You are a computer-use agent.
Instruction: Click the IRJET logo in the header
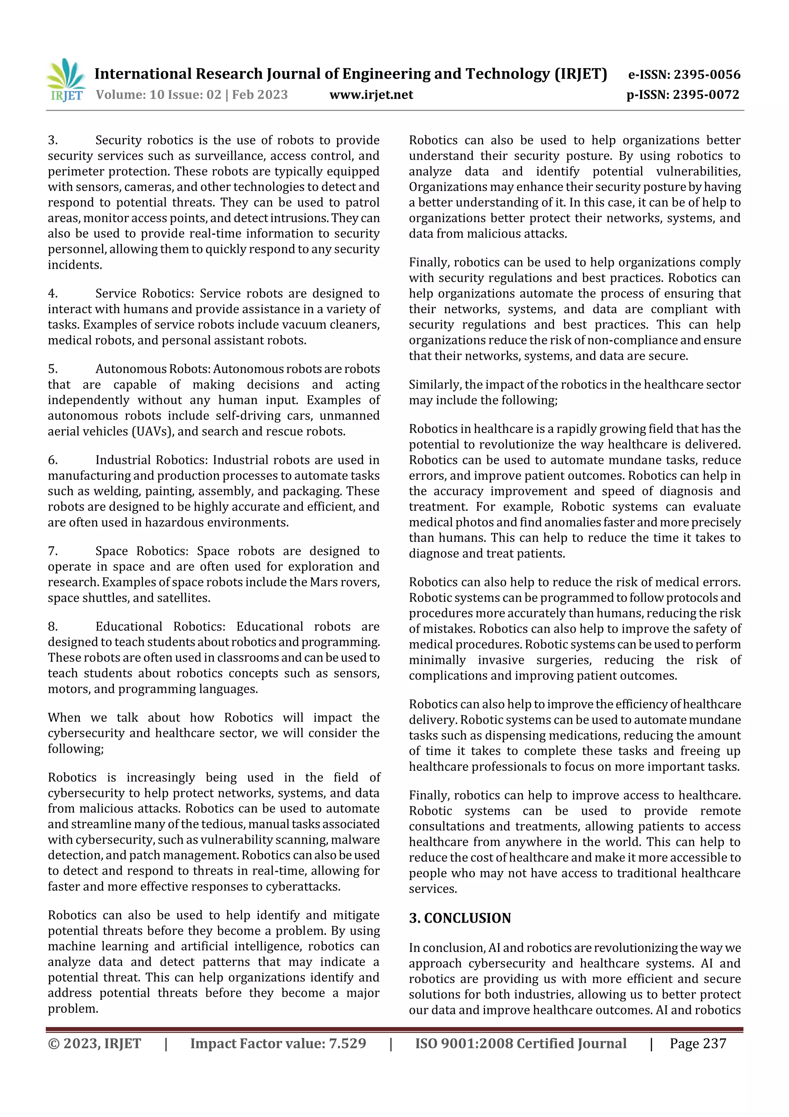pyautogui.click(x=67, y=80)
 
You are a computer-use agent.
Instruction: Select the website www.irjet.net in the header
pyautogui.click(x=371, y=94)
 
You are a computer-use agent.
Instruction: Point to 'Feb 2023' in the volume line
pyautogui.click(x=260, y=94)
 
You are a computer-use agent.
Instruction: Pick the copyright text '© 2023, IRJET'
pyautogui.click(x=94, y=1043)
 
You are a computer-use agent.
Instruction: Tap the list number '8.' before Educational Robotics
pyautogui.click(x=52, y=627)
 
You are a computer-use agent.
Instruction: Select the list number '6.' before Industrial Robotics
pyautogui.click(x=52, y=460)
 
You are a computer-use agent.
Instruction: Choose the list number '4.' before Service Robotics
pyautogui.click(x=52, y=294)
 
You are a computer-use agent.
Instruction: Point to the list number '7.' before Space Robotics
pyautogui.click(x=52, y=551)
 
